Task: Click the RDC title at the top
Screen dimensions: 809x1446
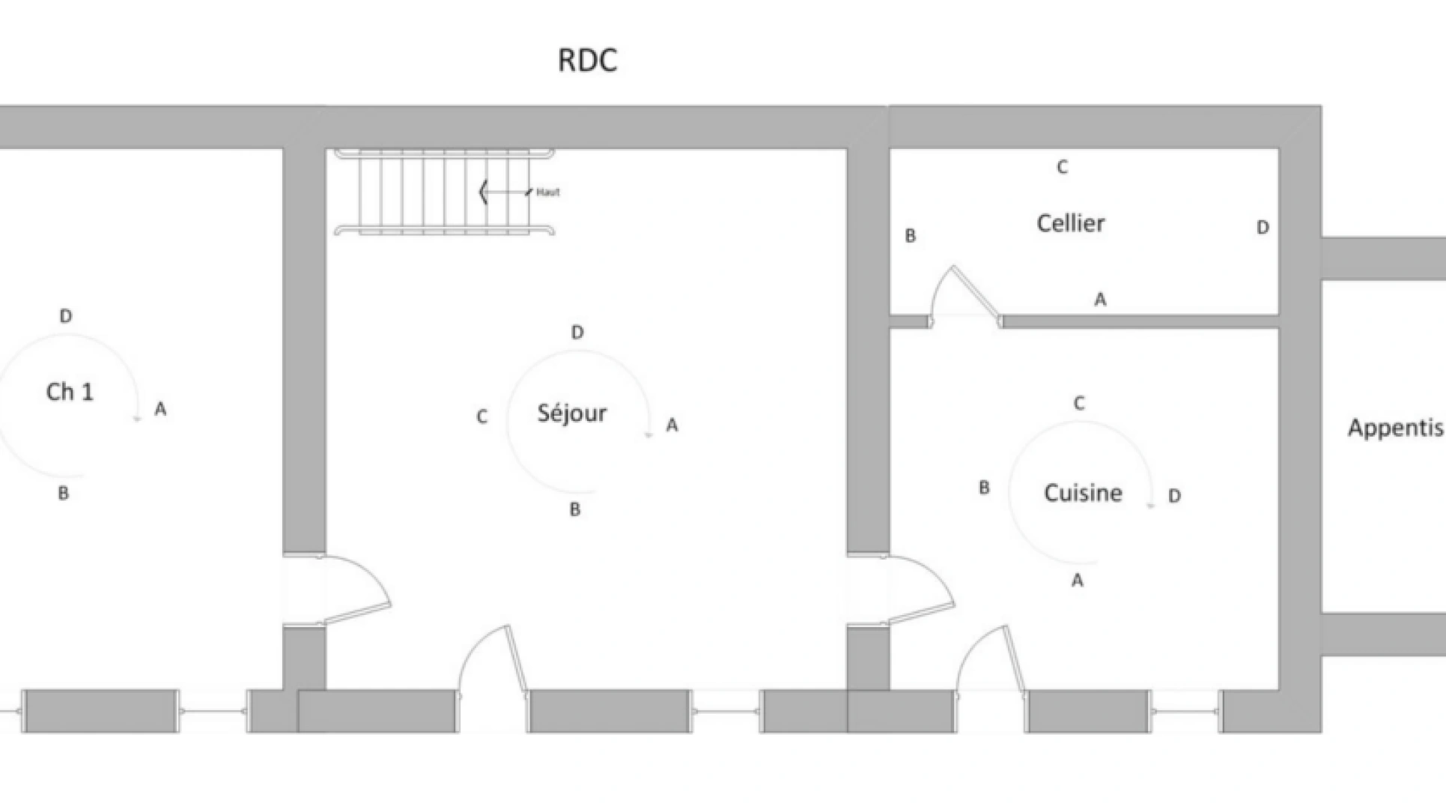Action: coord(587,61)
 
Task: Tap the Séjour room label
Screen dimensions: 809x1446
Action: coord(572,413)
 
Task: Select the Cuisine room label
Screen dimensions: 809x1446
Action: coord(1083,493)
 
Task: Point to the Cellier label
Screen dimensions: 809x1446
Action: coord(1070,223)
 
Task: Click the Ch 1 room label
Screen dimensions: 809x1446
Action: coord(70,392)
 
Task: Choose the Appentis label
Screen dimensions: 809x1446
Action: coord(1395,428)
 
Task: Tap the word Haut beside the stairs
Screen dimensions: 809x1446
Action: coord(548,193)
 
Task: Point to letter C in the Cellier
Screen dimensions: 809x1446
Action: coord(1062,168)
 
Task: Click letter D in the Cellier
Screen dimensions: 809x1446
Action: coord(1263,228)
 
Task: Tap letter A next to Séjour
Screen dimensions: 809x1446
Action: coord(672,425)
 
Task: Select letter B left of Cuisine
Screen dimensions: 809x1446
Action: coord(984,488)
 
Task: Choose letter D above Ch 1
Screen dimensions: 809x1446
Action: coord(66,317)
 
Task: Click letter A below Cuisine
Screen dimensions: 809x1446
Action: coord(1077,581)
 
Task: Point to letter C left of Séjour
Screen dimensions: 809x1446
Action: coord(482,417)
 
